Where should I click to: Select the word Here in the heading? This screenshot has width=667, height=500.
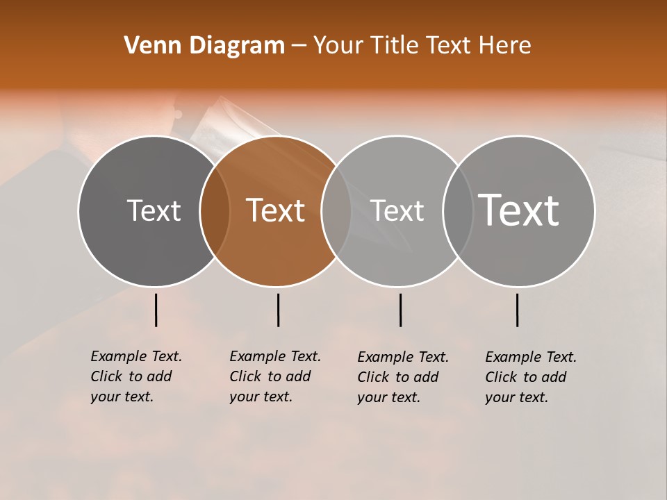pyautogui.click(x=505, y=45)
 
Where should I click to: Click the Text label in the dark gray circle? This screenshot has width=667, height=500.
pyautogui.click(x=154, y=210)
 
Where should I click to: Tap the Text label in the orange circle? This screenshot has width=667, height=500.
pyautogui.click(x=276, y=210)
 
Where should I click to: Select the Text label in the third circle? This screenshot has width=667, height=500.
pyautogui.click(x=397, y=210)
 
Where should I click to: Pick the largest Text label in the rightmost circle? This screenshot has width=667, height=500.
pyautogui.click(x=519, y=210)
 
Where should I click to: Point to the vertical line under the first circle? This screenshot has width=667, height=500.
pyautogui.click(x=156, y=310)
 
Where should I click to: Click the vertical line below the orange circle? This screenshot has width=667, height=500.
pyautogui.click(x=278, y=310)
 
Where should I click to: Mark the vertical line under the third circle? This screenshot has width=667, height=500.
pyautogui.click(x=400, y=310)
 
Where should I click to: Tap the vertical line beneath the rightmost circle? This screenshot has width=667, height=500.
pyautogui.click(x=517, y=310)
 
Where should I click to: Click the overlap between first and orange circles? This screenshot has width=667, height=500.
pyautogui.click(x=215, y=210)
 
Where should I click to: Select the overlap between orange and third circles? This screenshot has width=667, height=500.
pyautogui.click(x=336, y=210)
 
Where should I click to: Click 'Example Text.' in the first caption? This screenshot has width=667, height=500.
pyautogui.click(x=136, y=356)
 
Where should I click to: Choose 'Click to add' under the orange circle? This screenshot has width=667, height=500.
pyautogui.click(x=270, y=376)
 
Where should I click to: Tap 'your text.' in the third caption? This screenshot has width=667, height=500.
pyautogui.click(x=388, y=397)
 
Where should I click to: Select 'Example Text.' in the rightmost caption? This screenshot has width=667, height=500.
pyautogui.click(x=531, y=357)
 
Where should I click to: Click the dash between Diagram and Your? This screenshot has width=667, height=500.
pyautogui.click(x=299, y=45)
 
